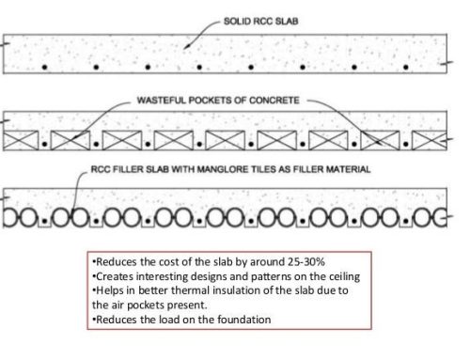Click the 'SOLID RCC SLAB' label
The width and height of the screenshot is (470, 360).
(x=260, y=22)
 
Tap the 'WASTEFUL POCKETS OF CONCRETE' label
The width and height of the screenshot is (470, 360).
(x=218, y=101)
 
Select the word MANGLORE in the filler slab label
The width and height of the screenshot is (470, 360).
(x=222, y=169)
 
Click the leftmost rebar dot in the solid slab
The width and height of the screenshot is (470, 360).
(x=44, y=67)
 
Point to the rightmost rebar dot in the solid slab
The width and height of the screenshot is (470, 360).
(x=406, y=67)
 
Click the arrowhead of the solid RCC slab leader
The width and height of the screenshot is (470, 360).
(x=186, y=47)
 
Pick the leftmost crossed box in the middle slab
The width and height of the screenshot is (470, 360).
(x=21, y=140)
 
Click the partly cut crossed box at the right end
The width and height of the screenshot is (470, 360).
(x=430, y=140)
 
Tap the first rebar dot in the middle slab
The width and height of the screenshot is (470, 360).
(x=44, y=144)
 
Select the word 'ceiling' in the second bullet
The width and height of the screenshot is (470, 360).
(x=344, y=276)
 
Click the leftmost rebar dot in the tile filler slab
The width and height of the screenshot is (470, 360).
(x=44, y=221)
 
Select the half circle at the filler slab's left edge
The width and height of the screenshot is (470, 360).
(x=9, y=216)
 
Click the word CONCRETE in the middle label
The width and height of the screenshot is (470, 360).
(x=274, y=101)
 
